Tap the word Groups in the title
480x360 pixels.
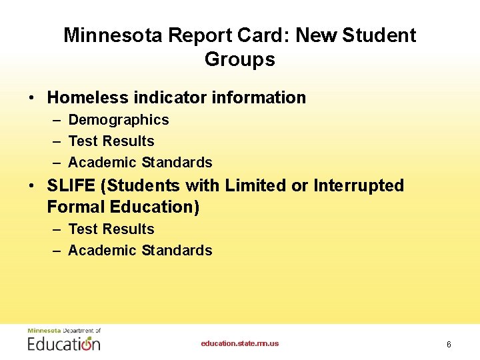tap(240, 59)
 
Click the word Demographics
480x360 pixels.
tap(119, 120)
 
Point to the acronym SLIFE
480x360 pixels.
tap(71, 185)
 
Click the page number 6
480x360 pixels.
tap(449, 345)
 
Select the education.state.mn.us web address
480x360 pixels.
tap(240, 344)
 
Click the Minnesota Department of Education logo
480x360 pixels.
tap(64, 340)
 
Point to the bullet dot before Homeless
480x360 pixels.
tap(32, 98)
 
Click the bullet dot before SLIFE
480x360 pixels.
tap(32, 186)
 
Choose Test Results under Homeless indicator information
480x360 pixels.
tap(111, 141)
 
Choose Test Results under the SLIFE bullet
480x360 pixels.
tap(111, 229)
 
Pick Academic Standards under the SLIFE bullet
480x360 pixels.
tap(140, 251)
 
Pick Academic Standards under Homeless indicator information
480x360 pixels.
tap(140, 163)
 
